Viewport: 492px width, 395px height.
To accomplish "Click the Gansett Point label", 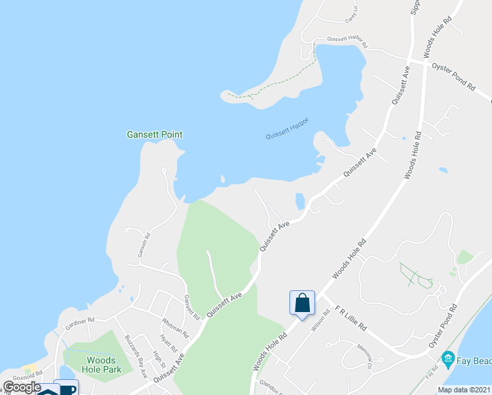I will coord(155,134).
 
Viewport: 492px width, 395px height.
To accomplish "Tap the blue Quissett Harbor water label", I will coord(287,128).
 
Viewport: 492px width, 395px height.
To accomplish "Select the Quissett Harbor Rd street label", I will coord(341,42).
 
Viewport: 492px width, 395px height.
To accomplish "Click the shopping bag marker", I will coord(303,303).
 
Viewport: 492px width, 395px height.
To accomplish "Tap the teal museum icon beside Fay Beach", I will coord(449,358).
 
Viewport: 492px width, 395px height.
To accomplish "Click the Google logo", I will coord(22,387).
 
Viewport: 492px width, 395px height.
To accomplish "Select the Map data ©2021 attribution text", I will coord(464,390).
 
